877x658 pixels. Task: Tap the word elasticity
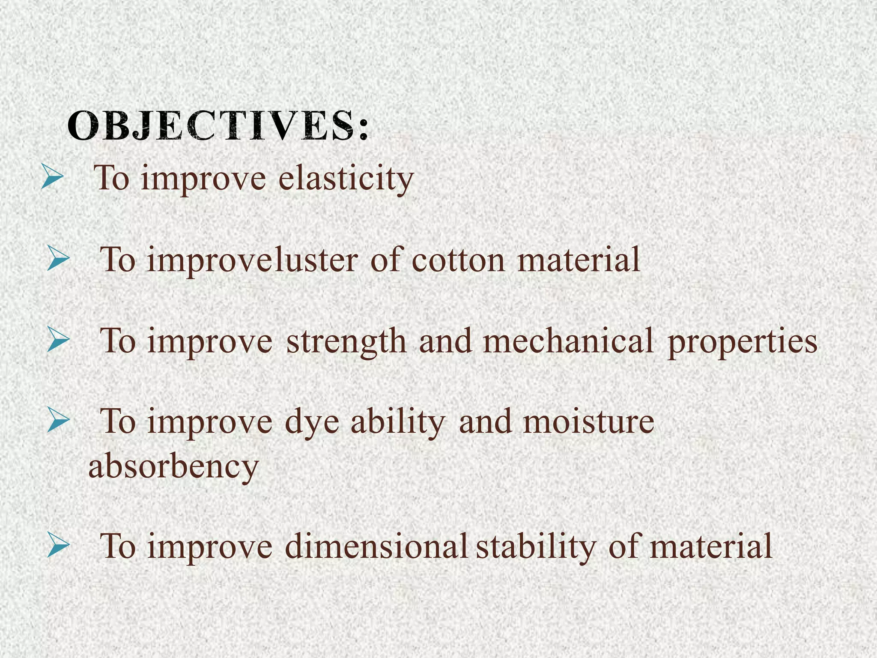point(346,178)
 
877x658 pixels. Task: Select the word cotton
point(459,260)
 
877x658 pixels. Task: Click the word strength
point(346,341)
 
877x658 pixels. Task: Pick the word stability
point(536,547)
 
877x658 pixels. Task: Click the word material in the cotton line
point(579,260)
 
